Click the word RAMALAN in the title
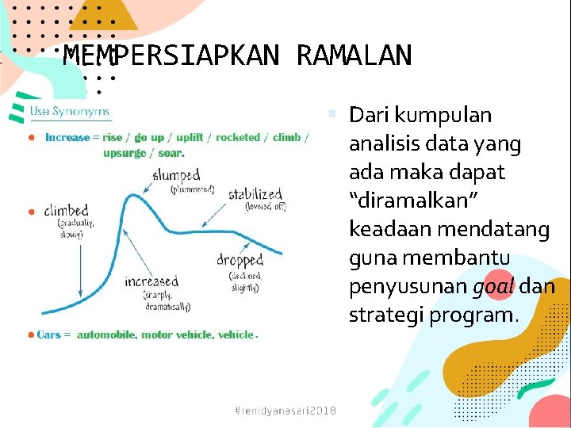point(354,56)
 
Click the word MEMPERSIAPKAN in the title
point(171,56)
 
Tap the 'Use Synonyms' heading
point(70,112)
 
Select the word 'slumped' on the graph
point(176,175)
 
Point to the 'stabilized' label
point(255,194)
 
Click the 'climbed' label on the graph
point(66,211)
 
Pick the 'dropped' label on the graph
point(240,260)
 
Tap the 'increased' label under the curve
point(151,281)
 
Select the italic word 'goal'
point(493,287)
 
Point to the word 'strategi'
point(386,315)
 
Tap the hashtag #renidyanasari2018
point(285,410)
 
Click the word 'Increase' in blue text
point(67,138)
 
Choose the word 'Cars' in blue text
point(48,335)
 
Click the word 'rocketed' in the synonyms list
point(238,138)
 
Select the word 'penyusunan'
point(407,287)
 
